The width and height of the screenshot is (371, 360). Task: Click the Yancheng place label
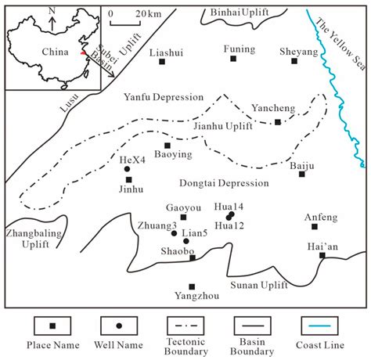point(273,107)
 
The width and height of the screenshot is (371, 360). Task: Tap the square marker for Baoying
point(167,145)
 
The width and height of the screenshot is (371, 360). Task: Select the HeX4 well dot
point(127,169)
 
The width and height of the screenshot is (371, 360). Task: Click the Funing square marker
point(240,60)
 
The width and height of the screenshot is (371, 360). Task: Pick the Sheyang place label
point(298,51)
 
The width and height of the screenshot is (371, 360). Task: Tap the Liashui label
point(164,51)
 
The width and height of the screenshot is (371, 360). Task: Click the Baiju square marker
point(301,174)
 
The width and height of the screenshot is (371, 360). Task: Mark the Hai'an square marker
point(322,255)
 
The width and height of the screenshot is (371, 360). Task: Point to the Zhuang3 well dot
point(174,233)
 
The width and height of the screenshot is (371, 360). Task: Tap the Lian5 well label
point(195,232)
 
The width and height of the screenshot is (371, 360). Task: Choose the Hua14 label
point(229,206)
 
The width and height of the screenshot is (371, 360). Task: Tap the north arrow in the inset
point(51,19)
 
